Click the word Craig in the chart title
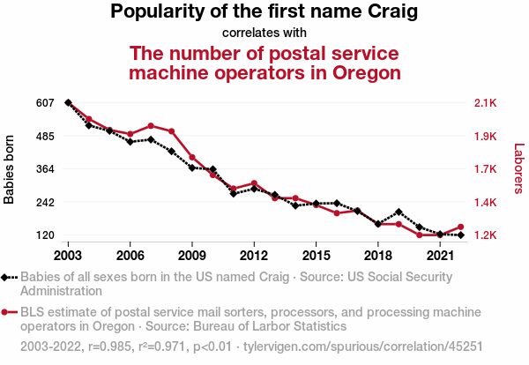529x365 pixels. click(x=389, y=12)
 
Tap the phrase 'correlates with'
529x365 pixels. click(x=264, y=34)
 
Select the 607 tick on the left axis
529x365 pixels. click(x=46, y=103)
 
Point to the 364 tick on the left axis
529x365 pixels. click(x=46, y=169)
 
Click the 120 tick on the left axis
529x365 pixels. click(x=46, y=235)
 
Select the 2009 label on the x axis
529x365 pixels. click(x=192, y=255)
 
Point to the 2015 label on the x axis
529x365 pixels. click(x=316, y=255)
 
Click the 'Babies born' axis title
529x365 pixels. click(x=10, y=169)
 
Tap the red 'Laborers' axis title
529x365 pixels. click(x=518, y=169)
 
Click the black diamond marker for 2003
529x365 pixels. click(x=68, y=103)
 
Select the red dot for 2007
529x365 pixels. click(x=151, y=126)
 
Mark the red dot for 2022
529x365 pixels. click(x=460, y=227)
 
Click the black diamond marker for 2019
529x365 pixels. click(x=399, y=212)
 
